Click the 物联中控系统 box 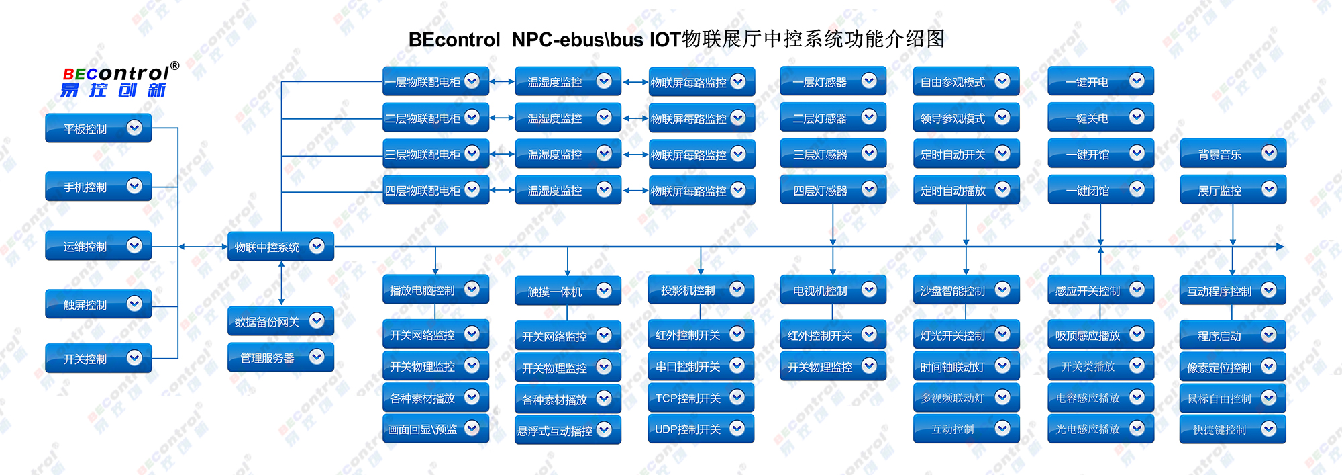pyautogui.click(x=280, y=247)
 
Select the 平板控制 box pyautogui.click(x=98, y=128)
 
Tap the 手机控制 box pyautogui.click(x=98, y=187)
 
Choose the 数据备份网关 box pyautogui.click(x=280, y=322)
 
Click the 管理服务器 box pyautogui.click(x=280, y=358)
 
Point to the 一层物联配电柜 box pyautogui.click(x=435, y=82)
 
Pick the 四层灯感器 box pyautogui.click(x=832, y=191)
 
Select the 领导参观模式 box pyautogui.click(x=966, y=118)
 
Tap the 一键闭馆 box pyautogui.click(x=1100, y=191)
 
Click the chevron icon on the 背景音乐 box pyautogui.click(x=1269, y=153)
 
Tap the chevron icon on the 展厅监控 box pyautogui.click(x=1269, y=189)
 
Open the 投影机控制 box pyautogui.click(x=701, y=290)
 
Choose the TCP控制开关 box pyautogui.click(x=701, y=398)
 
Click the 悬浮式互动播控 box pyautogui.click(x=567, y=431)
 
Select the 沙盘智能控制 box pyautogui.click(x=966, y=290)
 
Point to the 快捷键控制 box pyautogui.click(x=1233, y=429)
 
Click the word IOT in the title pyautogui.click(x=665, y=40)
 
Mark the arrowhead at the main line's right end pyautogui.click(x=1280, y=247)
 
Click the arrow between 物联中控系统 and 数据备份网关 pyautogui.click(x=281, y=283)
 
